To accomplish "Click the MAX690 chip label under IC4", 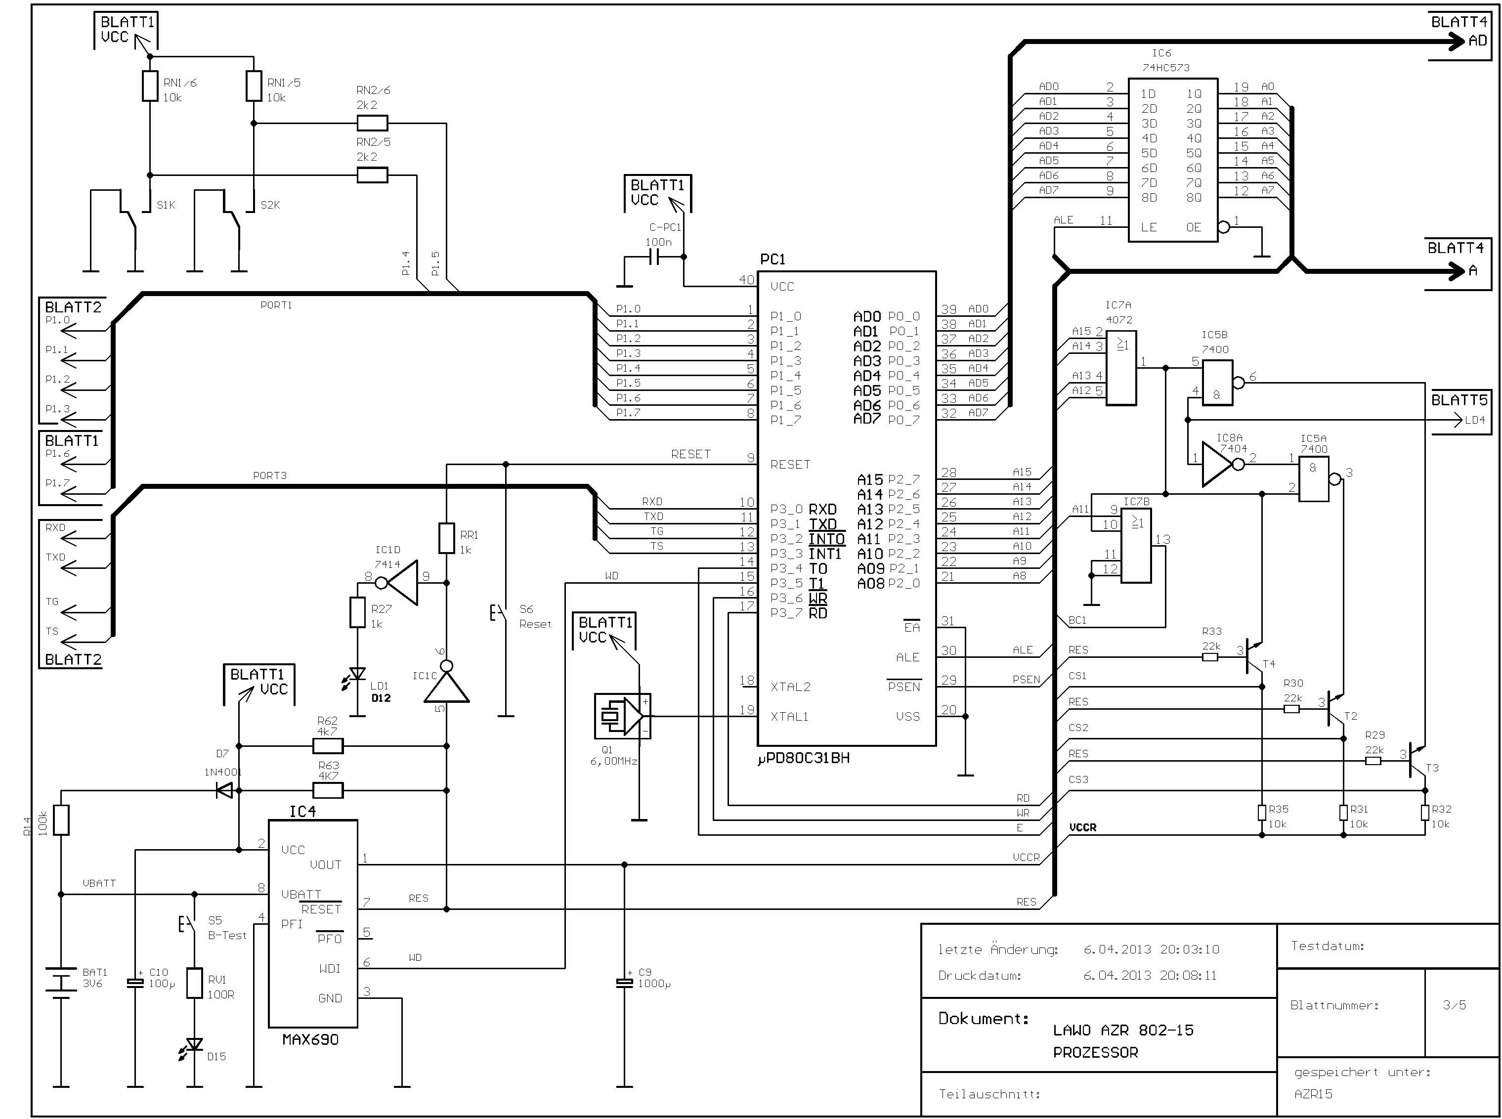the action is click(310, 1039).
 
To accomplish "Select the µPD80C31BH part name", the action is click(803, 759).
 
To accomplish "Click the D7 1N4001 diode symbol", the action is click(224, 790).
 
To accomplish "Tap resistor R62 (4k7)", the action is click(328, 746).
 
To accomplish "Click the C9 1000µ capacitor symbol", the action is click(624, 982).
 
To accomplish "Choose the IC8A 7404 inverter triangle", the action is click(1218, 464).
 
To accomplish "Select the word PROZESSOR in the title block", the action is click(1095, 1052).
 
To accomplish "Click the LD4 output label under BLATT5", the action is click(1474, 420).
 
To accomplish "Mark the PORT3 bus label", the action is click(269, 475).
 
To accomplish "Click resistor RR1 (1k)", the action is click(446, 538).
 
